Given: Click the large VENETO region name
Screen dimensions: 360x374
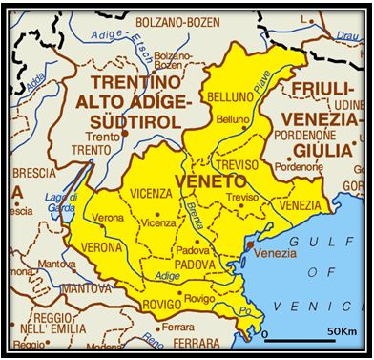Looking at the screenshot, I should (211, 180).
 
